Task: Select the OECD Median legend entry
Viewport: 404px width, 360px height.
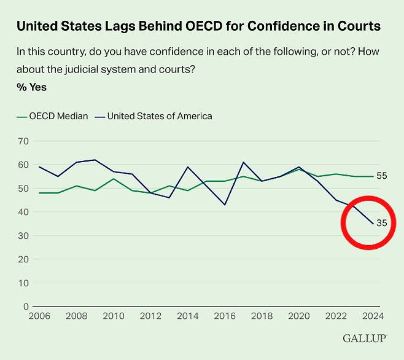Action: pyautogui.click(x=53, y=116)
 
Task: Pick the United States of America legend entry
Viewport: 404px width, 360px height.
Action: pyautogui.click(x=155, y=116)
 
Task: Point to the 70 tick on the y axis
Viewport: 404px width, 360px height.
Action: pyautogui.click(x=23, y=141)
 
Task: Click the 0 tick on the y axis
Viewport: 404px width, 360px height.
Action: pyautogui.click(x=26, y=307)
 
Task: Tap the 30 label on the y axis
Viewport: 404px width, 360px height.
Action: pyautogui.click(x=23, y=236)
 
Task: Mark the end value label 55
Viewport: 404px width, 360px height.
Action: pyautogui.click(x=381, y=176)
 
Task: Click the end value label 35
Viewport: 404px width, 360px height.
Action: pyautogui.click(x=381, y=224)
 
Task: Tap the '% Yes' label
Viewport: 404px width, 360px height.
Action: pyautogui.click(x=31, y=87)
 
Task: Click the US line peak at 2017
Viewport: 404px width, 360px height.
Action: pyautogui.click(x=243, y=162)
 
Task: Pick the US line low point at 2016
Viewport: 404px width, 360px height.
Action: pyautogui.click(x=224, y=205)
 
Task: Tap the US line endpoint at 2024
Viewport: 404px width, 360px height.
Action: pyautogui.click(x=371, y=224)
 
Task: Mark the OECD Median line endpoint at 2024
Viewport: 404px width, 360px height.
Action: pyautogui.click(x=371, y=176)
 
